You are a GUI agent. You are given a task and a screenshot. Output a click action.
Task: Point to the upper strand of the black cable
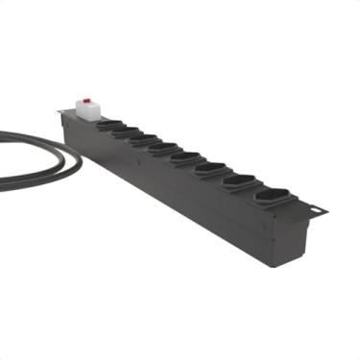coord(29,135)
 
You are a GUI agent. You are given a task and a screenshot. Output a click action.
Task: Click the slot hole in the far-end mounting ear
coord(315,208)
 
